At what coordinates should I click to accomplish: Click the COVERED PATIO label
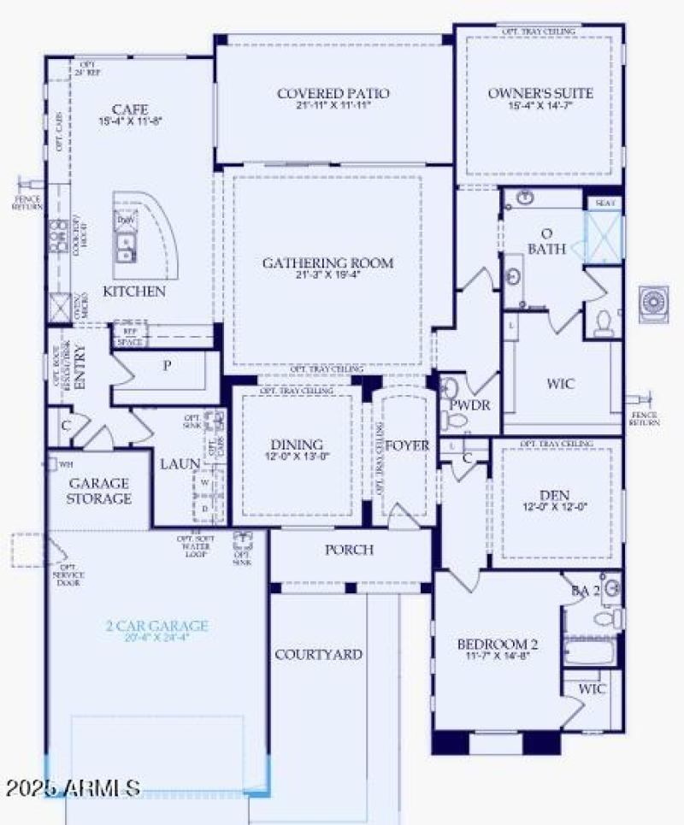click(x=333, y=93)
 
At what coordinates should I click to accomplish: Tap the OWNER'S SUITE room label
click(x=540, y=93)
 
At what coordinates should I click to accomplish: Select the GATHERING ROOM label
click(x=327, y=262)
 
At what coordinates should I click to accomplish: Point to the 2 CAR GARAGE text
click(x=157, y=626)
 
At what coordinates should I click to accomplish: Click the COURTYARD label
click(x=318, y=654)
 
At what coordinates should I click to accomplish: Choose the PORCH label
click(x=349, y=549)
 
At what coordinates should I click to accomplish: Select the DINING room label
click(x=297, y=445)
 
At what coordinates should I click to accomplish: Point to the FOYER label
click(x=407, y=445)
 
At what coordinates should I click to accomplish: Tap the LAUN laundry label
click(x=180, y=463)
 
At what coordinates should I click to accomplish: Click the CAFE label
click(x=130, y=109)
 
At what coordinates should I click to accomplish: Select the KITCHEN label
click(x=134, y=292)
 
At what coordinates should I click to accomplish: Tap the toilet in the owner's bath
click(x=604, y=321)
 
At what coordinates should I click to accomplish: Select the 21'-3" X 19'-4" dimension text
click(x=327, y=276)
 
